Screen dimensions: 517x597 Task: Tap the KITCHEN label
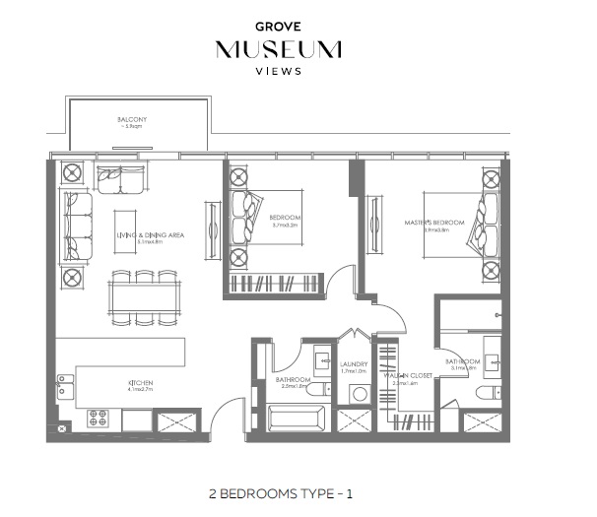(x=139, y=384)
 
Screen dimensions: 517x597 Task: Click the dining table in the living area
(x=145, y=296)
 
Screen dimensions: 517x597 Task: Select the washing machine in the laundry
(x=359, y=395)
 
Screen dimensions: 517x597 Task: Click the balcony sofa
(x=120, y=179)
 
